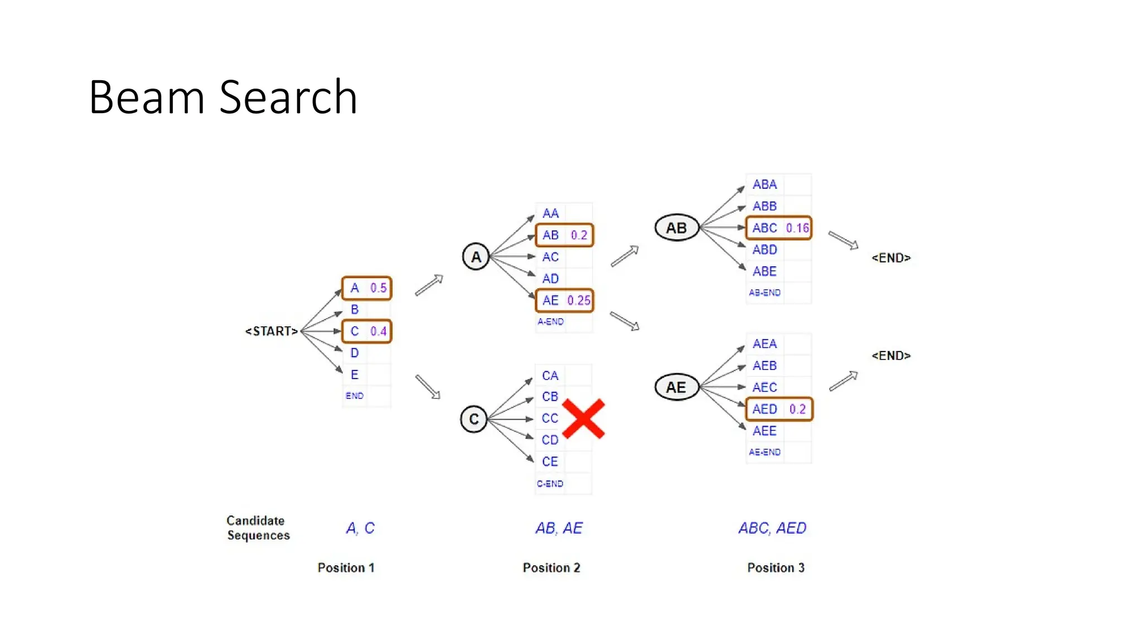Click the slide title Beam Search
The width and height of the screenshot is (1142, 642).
[x=222, y=98]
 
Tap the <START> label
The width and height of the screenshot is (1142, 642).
[x=272, y=331]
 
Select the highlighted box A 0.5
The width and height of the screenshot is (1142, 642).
[x=367, y=288]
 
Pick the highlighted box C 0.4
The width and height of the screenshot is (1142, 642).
[x=367, y=331]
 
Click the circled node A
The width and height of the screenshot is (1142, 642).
[x=476, y=257]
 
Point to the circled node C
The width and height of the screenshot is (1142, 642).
[x=474, y=419]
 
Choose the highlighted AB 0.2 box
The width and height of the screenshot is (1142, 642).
[x=564, y=235]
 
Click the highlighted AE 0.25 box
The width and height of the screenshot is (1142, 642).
[x=564, y=300]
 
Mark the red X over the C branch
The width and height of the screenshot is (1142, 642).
[x=583, y=419]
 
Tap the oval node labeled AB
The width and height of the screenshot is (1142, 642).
[x=676, y=227]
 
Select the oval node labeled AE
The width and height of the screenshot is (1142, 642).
[x=676, y=387]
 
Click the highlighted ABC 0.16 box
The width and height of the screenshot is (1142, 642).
[x=779, y=228]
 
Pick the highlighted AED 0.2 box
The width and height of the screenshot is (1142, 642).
[x=779, y=409]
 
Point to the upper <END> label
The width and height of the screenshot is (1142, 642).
[x=891, y=258]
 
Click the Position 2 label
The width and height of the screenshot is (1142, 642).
[x=551, y=568]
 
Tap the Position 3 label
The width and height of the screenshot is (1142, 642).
[x=776, y=568]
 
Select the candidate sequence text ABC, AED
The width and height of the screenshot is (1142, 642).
[x=772, y=528]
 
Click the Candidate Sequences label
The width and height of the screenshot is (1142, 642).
[x=258, y=528]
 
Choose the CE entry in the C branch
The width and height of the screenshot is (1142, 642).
[x=550, y=461]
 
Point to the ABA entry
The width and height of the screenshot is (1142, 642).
[x=764, y=184]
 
